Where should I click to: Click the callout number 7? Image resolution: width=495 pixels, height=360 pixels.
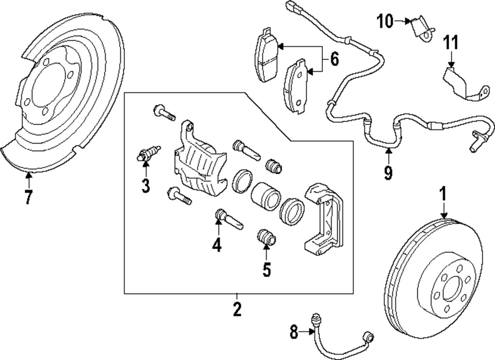28,197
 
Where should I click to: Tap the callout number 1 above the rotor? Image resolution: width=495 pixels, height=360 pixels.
442,194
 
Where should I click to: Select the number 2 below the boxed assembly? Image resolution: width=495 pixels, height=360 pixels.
237,309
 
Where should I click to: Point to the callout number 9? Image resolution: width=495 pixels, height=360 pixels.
388,172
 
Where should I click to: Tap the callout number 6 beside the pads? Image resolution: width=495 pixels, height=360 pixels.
334,60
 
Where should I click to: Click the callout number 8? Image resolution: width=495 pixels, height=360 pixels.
294,333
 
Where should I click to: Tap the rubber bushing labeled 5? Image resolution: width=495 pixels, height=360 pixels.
267,238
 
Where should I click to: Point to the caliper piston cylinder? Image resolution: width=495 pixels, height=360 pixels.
265,197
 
